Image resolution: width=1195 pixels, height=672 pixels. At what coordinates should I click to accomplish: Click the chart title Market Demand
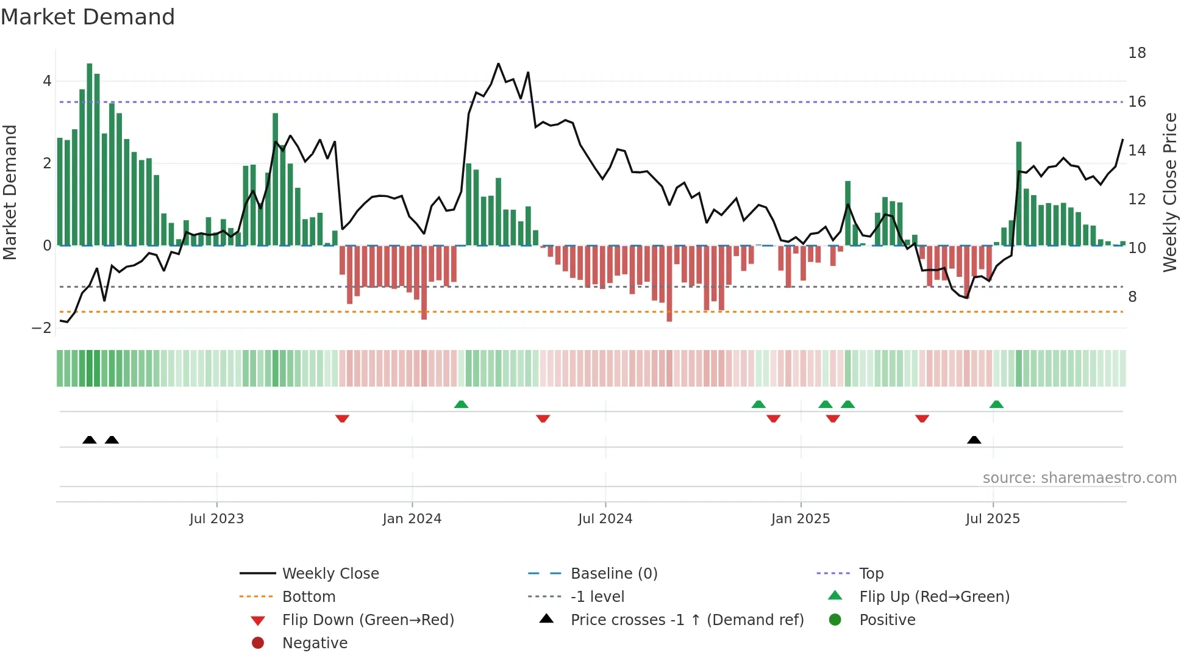[x=88, y=17]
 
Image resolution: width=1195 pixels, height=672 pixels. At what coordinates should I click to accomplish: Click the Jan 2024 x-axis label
[x=412, y=519]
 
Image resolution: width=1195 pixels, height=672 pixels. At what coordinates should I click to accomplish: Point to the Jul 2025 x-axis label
[x=993, y=519]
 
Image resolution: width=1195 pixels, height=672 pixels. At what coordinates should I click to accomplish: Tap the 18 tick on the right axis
[x=1136, y=53]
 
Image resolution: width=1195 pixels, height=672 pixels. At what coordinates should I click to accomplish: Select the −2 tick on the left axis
[x=41, y=328]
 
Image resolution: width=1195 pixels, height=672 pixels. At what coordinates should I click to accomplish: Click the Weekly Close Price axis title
[x=1169, y=192]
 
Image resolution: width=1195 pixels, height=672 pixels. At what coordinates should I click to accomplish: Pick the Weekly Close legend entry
[x=330, y=574]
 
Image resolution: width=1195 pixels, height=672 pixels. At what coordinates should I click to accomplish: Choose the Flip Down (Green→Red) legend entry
[x=368, y=620]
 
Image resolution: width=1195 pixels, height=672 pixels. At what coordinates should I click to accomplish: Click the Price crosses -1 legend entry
[x=687, y=620]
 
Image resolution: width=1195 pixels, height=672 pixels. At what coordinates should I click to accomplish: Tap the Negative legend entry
[x=315, y=643]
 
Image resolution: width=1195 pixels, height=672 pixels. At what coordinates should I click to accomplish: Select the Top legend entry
[x=871, y=574]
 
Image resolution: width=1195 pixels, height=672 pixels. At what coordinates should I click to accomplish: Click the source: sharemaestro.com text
[x=1079, y=478]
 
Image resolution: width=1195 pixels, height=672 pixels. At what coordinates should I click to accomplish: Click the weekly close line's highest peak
[x=498, y=64]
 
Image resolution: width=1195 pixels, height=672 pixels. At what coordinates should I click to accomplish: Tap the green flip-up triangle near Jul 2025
[x=996, y=404]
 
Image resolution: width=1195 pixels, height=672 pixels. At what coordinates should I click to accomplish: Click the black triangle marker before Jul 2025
[x=974, y=440]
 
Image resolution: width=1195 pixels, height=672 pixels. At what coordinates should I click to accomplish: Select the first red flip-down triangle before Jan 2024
[x=342, y=418]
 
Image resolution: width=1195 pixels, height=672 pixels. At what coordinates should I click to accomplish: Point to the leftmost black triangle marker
[x=90, y=440]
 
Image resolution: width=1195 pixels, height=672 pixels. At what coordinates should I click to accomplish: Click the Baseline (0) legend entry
[x=613, y=574]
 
